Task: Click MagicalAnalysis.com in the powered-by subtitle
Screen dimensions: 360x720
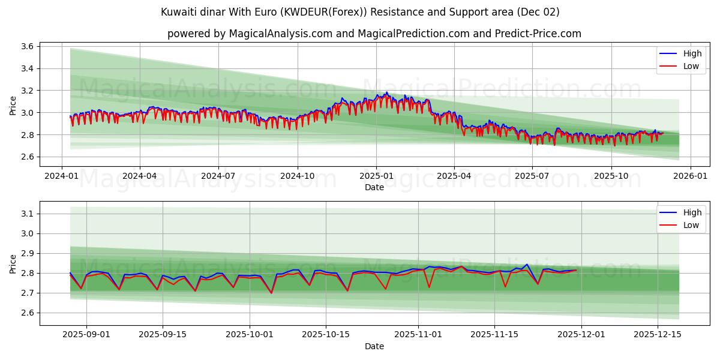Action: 281,34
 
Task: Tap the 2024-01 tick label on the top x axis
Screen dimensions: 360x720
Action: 62,176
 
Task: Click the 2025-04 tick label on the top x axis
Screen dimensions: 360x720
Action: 454,176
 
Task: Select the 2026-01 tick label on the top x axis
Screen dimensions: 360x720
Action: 690,176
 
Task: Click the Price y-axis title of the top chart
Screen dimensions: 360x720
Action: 13,105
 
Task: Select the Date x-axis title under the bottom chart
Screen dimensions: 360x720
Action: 374,346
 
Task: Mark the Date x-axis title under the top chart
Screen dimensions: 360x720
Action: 374,187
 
